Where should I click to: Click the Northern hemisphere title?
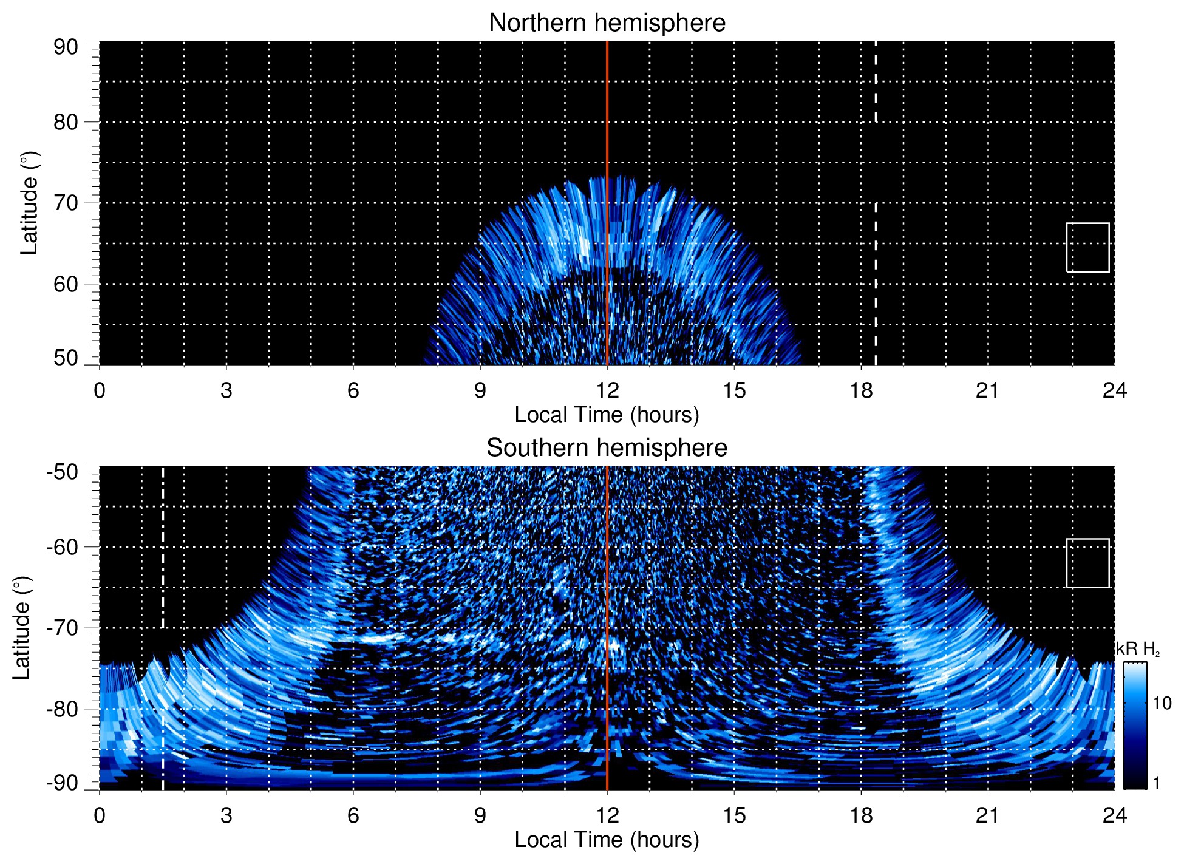click(x=607, y=23)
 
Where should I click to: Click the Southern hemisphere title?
click(x=607, y=448)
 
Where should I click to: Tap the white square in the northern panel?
click(x=1087, y=247)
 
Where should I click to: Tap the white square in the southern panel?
click(x=1087, y=563)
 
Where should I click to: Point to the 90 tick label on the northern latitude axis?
click(x=66, y=47)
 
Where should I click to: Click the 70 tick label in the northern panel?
click(x=66, y=203)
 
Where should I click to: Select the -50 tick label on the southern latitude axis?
click(x=62, y=472)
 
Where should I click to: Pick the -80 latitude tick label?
click(x=62, y=709)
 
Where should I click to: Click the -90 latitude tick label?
click(x=62, y=783)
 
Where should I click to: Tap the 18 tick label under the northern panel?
click(x=861, y=390)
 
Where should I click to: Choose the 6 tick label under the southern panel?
click(x=353, y=815)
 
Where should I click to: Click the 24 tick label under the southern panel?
click(x=1114, y=815)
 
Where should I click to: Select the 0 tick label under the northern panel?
click(x=100, y=390)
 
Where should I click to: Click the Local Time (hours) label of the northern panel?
click(x=607, y=415)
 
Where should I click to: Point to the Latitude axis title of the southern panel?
click(x=22, y=628)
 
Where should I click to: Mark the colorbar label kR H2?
click(x=1138, y=649)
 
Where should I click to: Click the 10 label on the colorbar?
click(x=1162, y=704)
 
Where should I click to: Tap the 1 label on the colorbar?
click(x=1156, y=783)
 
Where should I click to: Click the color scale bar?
click(x=1134, y=726)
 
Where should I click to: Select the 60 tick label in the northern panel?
click(x=66, y=284)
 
